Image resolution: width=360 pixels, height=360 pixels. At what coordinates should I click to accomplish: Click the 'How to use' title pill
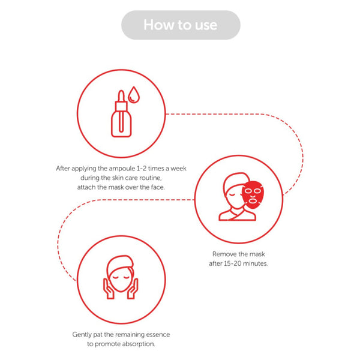coord(181,25)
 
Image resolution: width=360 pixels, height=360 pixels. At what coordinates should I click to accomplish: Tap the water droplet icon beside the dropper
coord(134,95)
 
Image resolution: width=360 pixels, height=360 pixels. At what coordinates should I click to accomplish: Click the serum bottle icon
coord(121,113)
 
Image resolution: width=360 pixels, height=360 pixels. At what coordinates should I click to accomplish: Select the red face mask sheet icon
coord(253,194)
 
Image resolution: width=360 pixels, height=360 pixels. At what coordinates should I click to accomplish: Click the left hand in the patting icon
coord(109,289)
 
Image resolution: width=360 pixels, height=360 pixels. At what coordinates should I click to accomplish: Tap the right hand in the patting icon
coord(133,289)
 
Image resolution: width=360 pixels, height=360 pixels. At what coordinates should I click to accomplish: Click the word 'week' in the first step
coord(178,169)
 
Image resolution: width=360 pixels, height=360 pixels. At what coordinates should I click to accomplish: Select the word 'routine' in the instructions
coord(150,178)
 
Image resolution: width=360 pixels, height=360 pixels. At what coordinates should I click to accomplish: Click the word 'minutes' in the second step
coord(256,263)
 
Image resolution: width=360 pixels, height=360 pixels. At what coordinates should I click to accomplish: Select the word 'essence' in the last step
coord(158,335)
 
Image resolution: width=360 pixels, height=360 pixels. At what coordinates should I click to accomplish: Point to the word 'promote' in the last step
coord(107,344)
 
